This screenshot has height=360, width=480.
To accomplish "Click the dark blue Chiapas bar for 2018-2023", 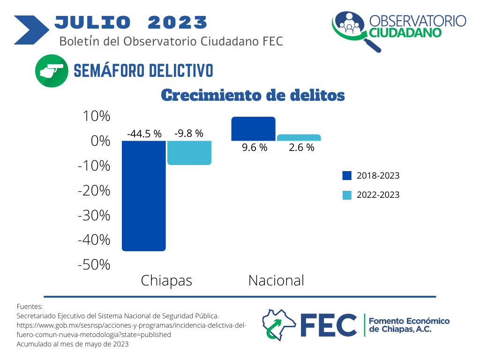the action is point(143,196).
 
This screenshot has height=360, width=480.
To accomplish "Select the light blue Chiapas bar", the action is point(189,153).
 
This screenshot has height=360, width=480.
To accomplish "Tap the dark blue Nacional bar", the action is point(253,129).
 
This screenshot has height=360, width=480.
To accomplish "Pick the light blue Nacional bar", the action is point(299,137).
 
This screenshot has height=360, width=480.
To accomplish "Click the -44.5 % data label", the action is point(144,134).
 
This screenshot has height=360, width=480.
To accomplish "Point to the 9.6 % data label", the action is point(255,148).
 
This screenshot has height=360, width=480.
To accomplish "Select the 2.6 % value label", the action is point(301,148).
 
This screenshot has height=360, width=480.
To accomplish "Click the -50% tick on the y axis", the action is point(94,264).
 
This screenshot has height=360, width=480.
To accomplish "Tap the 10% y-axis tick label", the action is point(97,116).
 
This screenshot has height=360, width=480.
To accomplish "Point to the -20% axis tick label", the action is point(94,190).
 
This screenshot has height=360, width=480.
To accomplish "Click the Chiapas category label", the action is point(166,281).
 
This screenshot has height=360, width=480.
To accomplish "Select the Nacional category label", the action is point(276,280).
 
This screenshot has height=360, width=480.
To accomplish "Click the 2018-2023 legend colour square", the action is point(347,175).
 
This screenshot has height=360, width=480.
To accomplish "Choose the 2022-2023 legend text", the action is point(378,195).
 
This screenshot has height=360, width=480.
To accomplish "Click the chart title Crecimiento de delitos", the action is point(253,95).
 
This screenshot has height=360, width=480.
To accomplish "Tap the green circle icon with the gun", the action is point(52,71).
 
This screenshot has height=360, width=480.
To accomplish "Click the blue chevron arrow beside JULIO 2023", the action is point(31,30).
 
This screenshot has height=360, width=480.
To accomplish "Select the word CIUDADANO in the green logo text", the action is point(405,33).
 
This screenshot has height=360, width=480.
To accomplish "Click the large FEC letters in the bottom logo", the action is point(329,325).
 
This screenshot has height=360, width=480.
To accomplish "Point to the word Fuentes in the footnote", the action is point(30,307).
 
